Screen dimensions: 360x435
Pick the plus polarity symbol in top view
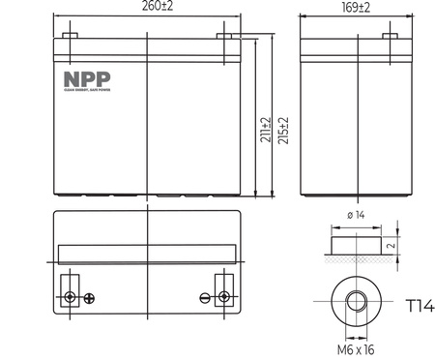click(89, 296)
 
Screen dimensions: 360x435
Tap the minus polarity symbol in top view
click(204, 296)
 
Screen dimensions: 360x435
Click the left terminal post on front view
click(70, 38)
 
